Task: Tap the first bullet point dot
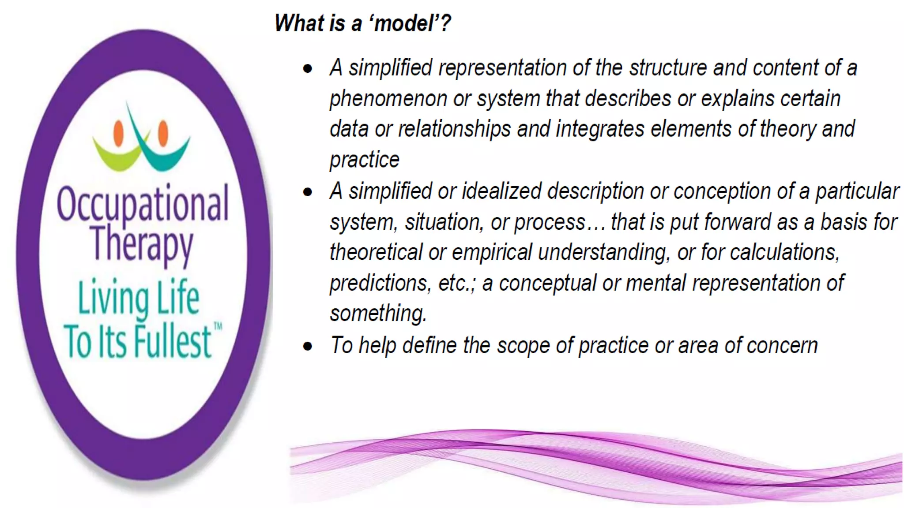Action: (x=308, y=68)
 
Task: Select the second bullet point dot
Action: (x=308, y=192)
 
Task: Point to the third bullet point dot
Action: (x=308, y=346)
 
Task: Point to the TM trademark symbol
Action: (x=218, y=327)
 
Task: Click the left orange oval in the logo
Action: (x=118, y=133)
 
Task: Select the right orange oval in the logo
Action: (x=163, y=133)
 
